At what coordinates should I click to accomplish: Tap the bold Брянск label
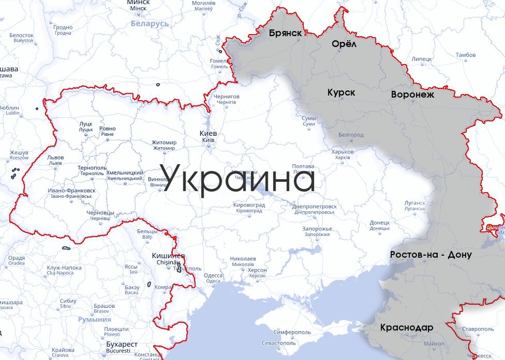285,33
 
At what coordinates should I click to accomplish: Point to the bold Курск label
341,92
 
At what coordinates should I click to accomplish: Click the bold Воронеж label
412,95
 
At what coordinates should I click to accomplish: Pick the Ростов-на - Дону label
431,255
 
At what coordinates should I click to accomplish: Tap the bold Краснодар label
406,327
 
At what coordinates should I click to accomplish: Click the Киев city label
208,133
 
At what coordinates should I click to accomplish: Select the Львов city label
55,157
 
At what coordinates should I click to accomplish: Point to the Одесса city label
213,275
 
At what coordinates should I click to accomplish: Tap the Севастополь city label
279,342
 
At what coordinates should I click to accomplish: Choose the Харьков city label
343,152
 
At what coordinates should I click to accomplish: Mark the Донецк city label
380,223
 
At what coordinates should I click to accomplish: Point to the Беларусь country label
150,24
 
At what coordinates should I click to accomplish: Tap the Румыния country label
95,320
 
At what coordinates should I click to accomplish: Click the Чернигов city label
226,97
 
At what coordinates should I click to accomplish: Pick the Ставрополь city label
478,328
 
